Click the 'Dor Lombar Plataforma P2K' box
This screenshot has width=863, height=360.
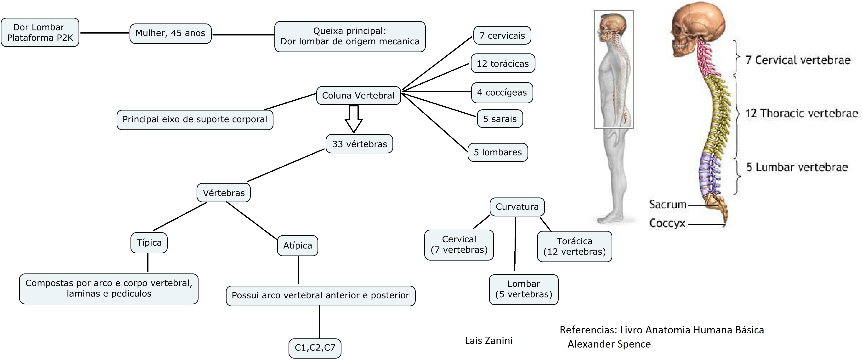pyautogui.click(x=40, y=33)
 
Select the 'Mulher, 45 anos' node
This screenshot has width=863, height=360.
pyautogui.click(x=170, y=33)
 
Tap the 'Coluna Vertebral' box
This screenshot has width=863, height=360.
pyautogui.click(x=358, y=96)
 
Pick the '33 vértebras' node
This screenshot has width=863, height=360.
pyautogui.click(x=359, y=144)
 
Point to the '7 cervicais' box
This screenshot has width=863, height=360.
pyautogui.click(x=502, y=35)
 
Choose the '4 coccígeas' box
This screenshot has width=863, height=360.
pyautogui.click(x=502, y=93)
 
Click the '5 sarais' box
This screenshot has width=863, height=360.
pyautogui.click(x=500, y=119)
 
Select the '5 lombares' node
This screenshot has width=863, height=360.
pyautogui.click(x=498, y=152)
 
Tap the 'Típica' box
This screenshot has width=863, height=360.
pyautogui.click(x=149, y=243)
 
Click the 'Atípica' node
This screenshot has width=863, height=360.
pyautogui.click(x=297, y=246)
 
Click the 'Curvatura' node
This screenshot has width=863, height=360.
pyautogui.click(x=517, y=207)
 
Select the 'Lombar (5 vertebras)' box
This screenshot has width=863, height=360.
pyautogui.click(x=524, y=289)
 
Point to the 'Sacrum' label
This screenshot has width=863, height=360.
pyautogui.click(x=668, y=204)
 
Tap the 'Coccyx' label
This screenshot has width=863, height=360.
pyautogui.click(x=667, y=223)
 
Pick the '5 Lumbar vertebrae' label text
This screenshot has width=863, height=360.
pyautogui.click(x=797, y=167)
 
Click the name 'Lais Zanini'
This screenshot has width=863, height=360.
pyautogui.click(x=488, y=341)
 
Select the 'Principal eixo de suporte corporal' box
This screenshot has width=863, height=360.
pyautogui.click(x=195, y=120)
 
